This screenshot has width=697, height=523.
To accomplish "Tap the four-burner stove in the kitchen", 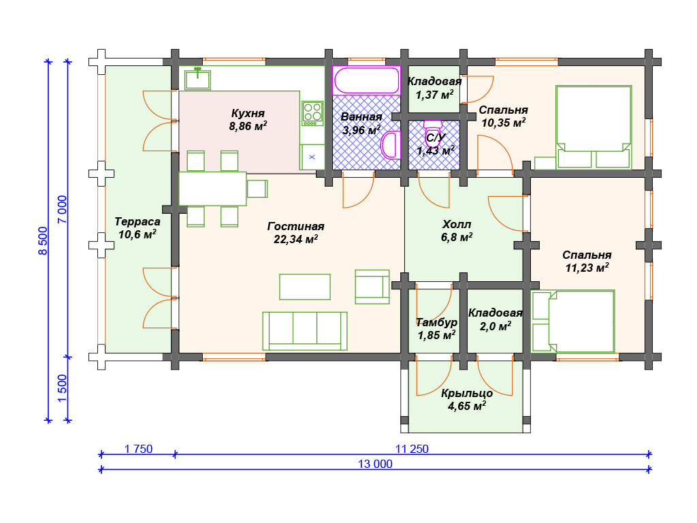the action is [x=312, y=113].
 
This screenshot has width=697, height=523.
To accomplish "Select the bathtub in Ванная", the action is [x=366, y=80].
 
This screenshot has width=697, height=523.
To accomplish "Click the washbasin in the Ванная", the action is [x=391, y=145].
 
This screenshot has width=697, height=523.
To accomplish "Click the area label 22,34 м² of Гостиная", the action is [x=295, y=239].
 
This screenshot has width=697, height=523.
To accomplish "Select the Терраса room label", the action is [x=137, y=221].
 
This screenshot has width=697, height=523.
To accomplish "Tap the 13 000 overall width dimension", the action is [x=375, y=464].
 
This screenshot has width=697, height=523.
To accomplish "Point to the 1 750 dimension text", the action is [x=138, y=449].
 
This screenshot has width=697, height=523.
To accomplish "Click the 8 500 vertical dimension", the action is [x=43, y=240].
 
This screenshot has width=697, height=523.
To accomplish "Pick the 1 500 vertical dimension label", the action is [x=62, y=388].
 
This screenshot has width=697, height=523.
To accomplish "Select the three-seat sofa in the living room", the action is [x=304, y=331].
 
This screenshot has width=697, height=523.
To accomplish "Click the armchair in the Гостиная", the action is [x=372, y=287].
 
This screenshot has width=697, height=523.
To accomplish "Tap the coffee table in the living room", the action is [x=305, y=287].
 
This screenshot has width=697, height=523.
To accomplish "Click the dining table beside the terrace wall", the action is [x=212, y=189].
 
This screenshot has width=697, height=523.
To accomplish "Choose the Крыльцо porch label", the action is [x=467, y=394].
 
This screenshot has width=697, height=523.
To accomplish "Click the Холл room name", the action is [x=457, y=224].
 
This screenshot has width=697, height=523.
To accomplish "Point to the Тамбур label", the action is [x=436, y=322].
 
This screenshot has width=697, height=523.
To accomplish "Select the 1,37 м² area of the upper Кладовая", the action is [x=434, y=95].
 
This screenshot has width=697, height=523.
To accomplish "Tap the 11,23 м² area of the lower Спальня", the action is [x=587, y=268].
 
